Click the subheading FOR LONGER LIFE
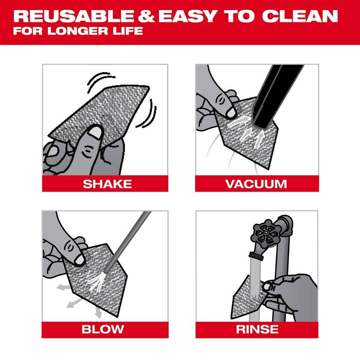click(x=78, y=31)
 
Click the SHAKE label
click(x=107, y=184)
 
